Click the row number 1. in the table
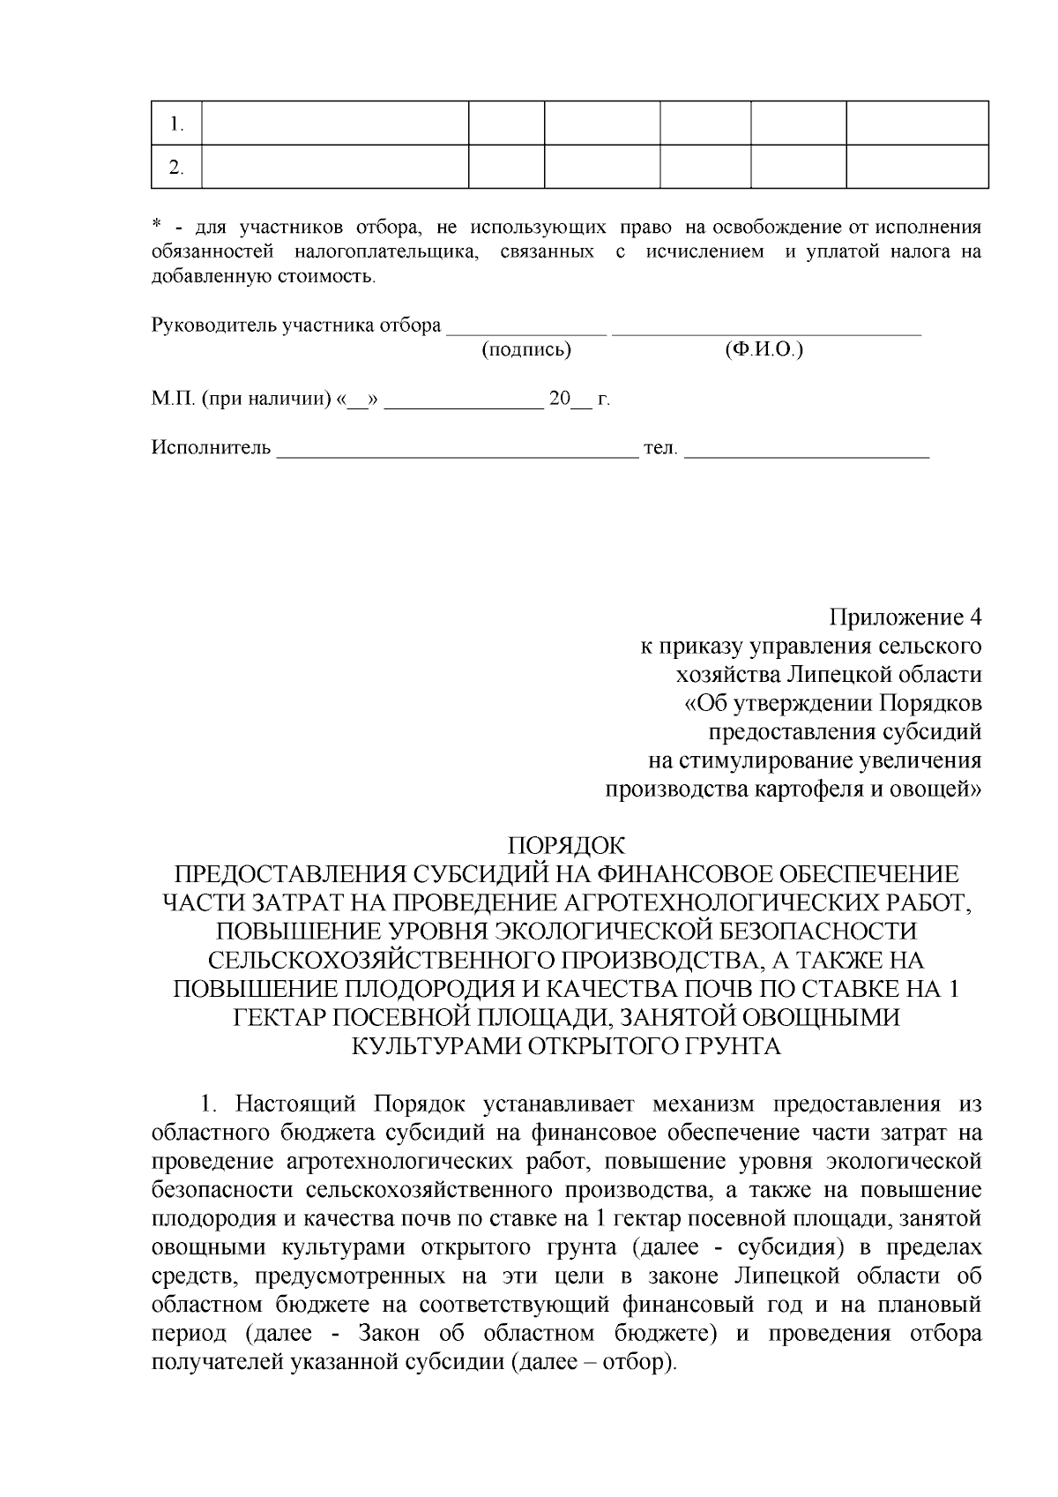(176, 124)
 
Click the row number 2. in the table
(176, 168)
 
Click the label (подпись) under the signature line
(526, 350)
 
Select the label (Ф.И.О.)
(764, 350)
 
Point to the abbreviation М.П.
(174, 399)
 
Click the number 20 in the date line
(559, 399)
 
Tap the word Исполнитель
(211, 448)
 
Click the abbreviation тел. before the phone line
(661, 448)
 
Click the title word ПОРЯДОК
(567, 846)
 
